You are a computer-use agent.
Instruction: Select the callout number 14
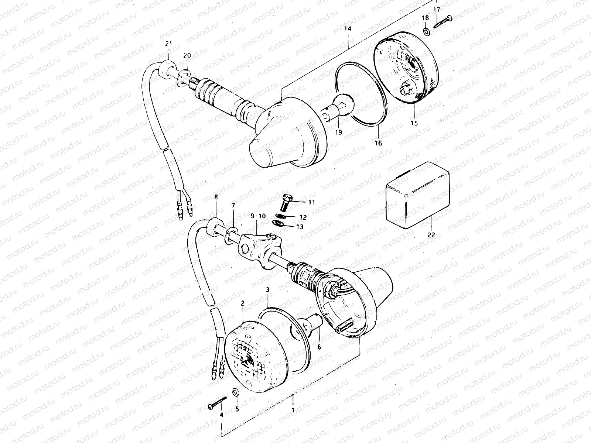click(348, 28)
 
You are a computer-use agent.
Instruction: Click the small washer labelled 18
click(426, 31)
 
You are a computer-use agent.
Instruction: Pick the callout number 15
click(414, 123)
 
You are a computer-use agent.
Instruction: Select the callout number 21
click(168, 44)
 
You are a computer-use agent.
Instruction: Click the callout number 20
click(187, 55)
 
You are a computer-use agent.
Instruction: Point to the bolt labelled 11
click(287, 201)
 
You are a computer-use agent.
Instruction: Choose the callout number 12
click(303, 217)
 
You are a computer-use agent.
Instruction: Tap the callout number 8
click(216, 197)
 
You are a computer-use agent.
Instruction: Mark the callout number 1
click(293, 410)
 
